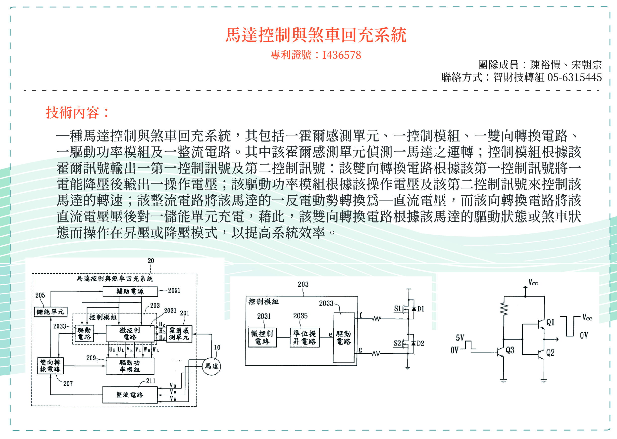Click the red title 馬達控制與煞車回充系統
316,35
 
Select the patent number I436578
341,55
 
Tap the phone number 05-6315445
574,78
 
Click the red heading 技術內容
77,112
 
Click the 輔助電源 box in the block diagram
130,291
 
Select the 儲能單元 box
51,312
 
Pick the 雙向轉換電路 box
50,366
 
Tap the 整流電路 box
130,395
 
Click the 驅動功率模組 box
130,366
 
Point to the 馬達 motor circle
211,366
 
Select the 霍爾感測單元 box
179,334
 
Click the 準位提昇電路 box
305,338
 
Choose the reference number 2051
174,291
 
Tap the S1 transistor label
397,309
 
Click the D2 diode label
420,344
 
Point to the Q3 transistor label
510,350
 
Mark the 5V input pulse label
460,338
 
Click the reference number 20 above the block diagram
151,261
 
